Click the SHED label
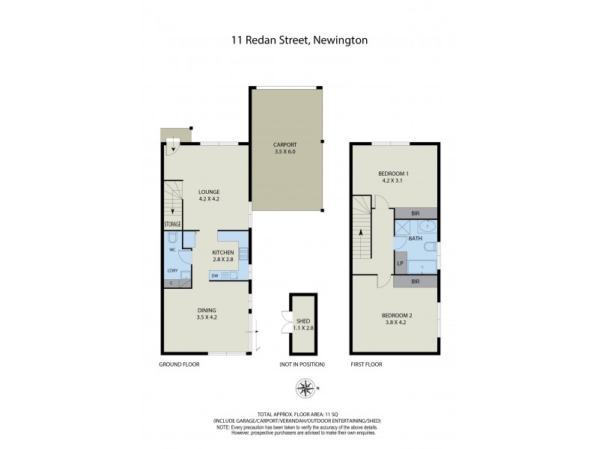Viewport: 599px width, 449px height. [304, 320]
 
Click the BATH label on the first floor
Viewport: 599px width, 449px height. [416, 238]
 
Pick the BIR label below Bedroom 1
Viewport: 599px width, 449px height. [416, 213]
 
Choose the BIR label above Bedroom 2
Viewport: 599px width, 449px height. [416, 281]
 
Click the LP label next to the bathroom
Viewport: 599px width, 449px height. [401, 263]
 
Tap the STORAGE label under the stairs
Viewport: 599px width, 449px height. [173, 223]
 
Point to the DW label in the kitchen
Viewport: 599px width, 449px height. [215, 276]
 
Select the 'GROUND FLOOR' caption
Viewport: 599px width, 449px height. [179, 364]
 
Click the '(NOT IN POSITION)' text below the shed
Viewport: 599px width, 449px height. [302, 364]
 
